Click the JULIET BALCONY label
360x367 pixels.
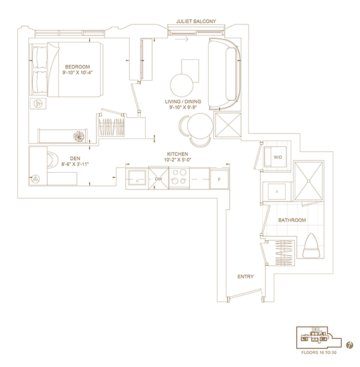pos(196,21)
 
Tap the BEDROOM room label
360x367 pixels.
pos(78,67)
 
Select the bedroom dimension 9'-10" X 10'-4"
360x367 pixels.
pos(78,73)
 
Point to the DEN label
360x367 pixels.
pos(75,158)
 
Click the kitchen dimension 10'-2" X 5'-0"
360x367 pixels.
pos(178,160)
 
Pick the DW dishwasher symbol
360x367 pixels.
pos(158,178)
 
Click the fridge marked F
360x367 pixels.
pos(219,179)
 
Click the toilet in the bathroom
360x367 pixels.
pos(311,246)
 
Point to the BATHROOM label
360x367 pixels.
pos(292,220)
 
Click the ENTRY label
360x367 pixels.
pos(245,277)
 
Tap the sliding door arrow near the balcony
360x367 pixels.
pos(182,39)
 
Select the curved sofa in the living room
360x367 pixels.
pos(225,74)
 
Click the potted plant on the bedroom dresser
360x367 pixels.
pos(79,136)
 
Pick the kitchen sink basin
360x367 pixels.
pos(137,178)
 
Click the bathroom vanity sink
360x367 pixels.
pos(276,191)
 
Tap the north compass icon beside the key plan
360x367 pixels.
pos(349,345)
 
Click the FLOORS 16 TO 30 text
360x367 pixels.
pos(319,353)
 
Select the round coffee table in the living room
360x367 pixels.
pos(182,85)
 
